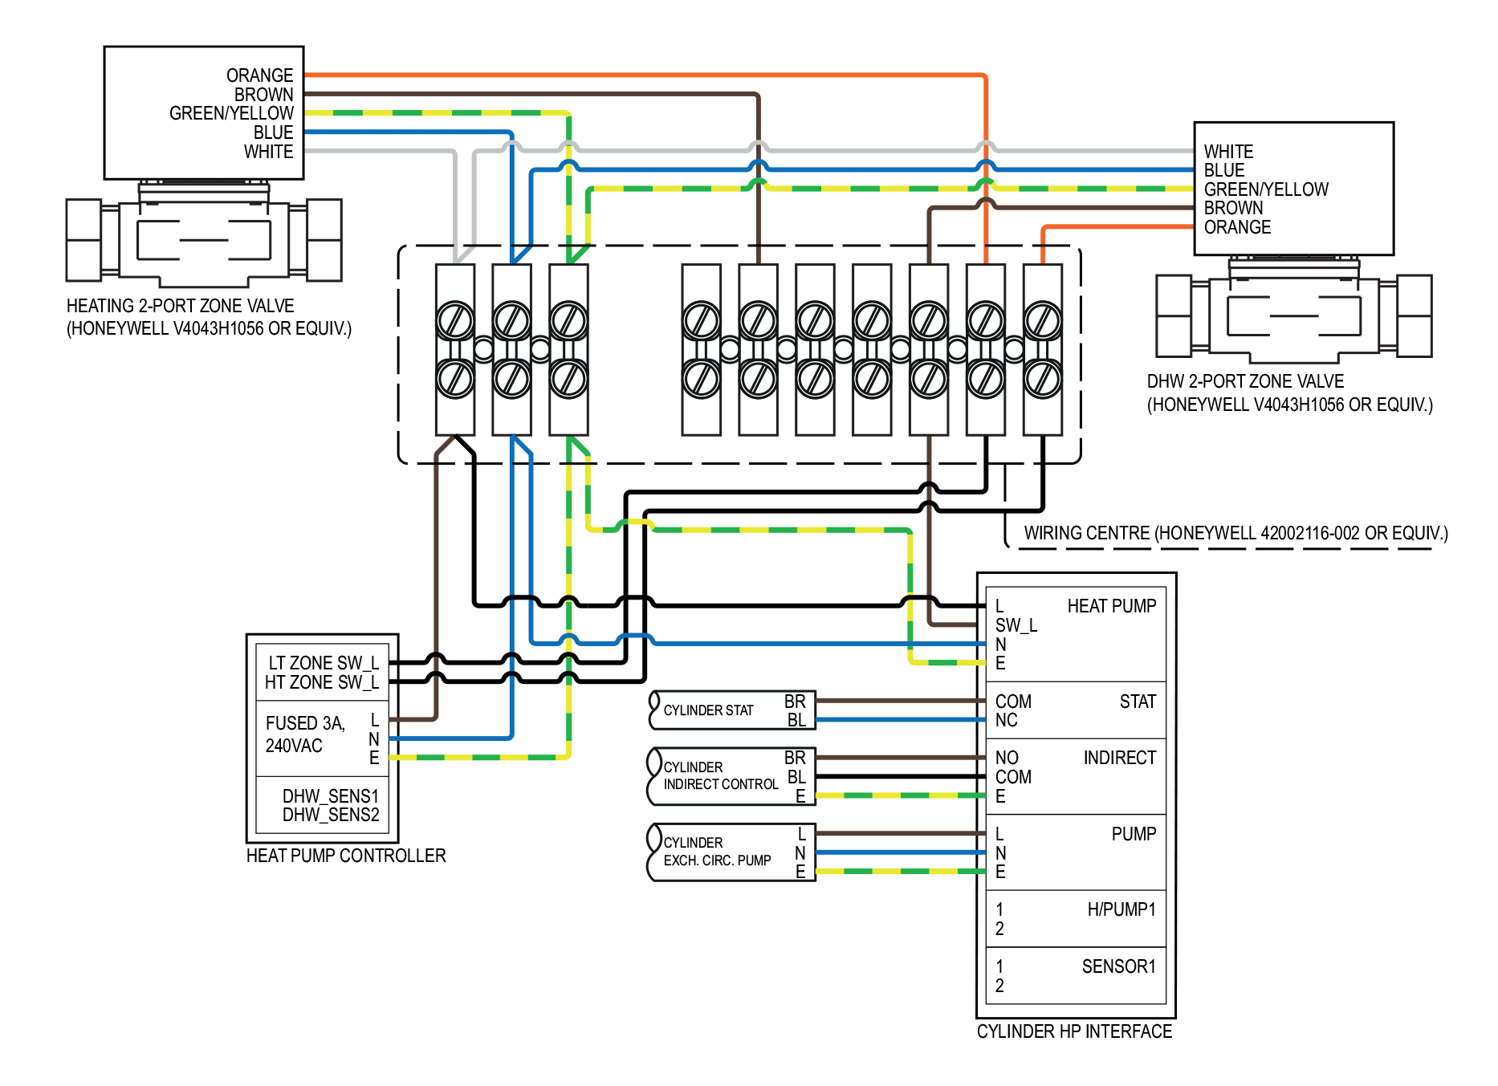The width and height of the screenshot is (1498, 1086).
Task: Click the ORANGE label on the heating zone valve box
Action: click(259, 75)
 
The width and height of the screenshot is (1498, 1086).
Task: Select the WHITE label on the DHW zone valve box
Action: click(1228, 152)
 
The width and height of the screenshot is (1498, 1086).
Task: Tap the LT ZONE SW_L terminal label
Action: click(323, 663)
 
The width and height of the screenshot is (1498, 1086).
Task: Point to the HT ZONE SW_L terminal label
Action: click(321, 682)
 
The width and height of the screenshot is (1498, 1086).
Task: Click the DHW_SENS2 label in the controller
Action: click(330, 815)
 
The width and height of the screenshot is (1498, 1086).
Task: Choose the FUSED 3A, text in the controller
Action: click(305, 723)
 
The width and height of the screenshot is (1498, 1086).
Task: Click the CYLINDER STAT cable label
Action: click(708, 710)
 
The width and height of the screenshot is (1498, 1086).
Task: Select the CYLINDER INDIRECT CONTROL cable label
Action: click(720, 776)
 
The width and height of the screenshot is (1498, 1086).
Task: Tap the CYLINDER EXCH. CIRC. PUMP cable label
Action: click(717, 852)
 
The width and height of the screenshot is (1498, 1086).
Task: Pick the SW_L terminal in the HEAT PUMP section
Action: click(1016, 625)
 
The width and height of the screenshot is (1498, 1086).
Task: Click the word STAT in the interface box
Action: click(1138, 702)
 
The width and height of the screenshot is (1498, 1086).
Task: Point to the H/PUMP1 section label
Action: click(1121, 909)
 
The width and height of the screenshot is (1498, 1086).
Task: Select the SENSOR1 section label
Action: click(1118, 966)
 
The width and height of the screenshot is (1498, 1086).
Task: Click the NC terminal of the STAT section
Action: click(1006, 720)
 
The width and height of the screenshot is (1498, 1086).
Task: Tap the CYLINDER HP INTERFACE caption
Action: click(1074, 1031)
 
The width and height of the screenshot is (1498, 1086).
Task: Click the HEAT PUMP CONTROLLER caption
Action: click(345, 856)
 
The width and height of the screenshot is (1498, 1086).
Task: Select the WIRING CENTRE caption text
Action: click(1235, 533)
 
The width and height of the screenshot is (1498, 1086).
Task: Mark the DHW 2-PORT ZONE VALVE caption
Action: click(1244, 381)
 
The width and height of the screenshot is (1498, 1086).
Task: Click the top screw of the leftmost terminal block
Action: click(455, 321)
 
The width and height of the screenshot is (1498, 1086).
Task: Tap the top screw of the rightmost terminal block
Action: click(1043, 321)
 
